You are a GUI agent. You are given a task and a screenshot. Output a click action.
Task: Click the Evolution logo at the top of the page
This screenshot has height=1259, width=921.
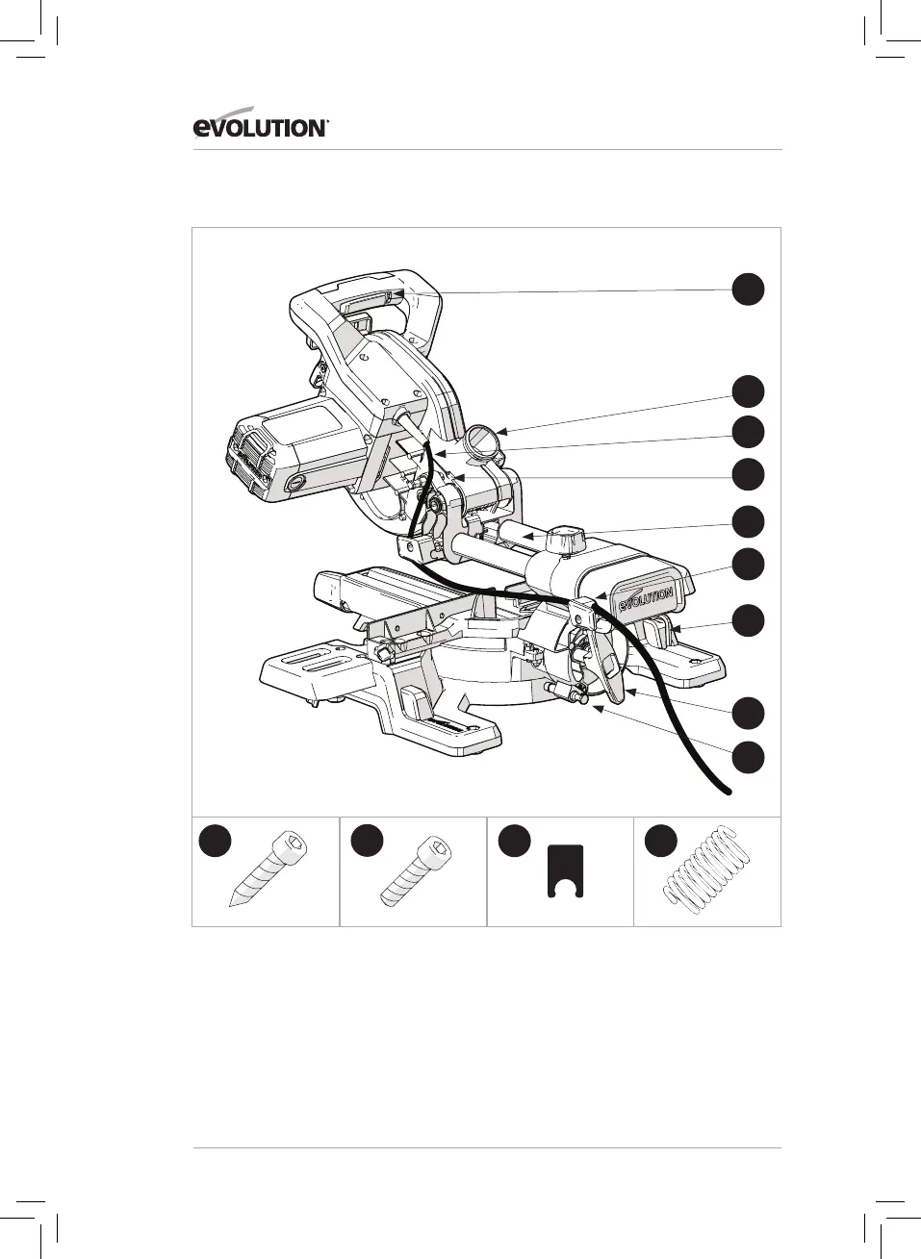pos(261,126)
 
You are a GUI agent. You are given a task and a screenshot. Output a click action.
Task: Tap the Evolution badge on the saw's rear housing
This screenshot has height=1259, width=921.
pos(646,599)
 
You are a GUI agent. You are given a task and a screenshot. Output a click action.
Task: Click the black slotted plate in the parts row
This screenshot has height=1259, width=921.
pos(565,870)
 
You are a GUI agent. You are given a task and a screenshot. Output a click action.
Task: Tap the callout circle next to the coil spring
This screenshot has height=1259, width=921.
pos(661,841)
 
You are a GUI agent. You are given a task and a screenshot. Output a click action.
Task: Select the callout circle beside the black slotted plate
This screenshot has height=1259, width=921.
pos(514,841)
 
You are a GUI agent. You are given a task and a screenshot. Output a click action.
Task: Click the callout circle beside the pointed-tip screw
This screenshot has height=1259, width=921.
pos(216,841)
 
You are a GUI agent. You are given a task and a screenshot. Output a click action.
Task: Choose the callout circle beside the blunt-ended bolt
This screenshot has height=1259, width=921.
pos(367,841)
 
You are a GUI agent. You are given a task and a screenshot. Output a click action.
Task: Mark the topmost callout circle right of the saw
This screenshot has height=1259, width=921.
pos(748,289)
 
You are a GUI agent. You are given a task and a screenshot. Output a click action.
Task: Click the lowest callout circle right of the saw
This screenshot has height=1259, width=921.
pos(748,757)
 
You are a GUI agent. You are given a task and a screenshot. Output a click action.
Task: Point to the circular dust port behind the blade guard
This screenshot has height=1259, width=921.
pos(484,443)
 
